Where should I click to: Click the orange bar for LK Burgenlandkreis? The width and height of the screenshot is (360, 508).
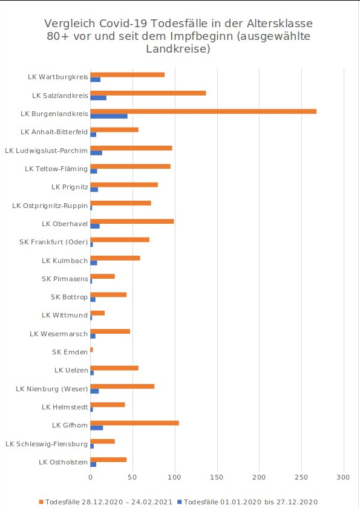[x=203, y=111]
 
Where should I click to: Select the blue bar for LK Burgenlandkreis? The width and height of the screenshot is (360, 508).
[x=109, y=116]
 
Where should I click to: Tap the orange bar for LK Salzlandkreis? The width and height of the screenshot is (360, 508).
[x=148, y=93]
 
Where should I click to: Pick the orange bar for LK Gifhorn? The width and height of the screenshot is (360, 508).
[x=134, y=423]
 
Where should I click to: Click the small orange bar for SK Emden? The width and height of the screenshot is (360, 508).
[x=92, y=350]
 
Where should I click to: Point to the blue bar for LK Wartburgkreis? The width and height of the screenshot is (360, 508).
[x=95, y=80]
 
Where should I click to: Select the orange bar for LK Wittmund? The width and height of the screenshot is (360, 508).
[x=97, y=313]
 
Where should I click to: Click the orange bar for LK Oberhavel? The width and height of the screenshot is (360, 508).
[x=133, y=221]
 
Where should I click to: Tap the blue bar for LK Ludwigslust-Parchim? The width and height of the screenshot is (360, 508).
[x=96, y=153]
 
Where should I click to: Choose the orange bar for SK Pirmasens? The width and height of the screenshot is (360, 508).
[x=102, y=277]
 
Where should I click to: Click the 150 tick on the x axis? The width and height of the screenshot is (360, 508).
[x=217, y=477]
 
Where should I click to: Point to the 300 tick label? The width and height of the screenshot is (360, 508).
[x=343, y=477]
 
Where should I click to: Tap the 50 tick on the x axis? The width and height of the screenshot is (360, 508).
[x=133, y=477]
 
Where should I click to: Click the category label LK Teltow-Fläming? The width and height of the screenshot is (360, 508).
[x=56, y=169]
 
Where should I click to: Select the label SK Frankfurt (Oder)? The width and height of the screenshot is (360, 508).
[x=54, y=243]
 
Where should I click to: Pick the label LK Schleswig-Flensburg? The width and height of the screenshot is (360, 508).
[x=47, y=444]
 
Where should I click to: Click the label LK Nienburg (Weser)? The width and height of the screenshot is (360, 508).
[x=52, y=389]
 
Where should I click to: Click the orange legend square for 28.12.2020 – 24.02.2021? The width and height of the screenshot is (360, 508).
[x=41, y=502]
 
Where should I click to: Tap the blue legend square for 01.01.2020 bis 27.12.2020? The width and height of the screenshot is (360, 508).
[x=180, y=502]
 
